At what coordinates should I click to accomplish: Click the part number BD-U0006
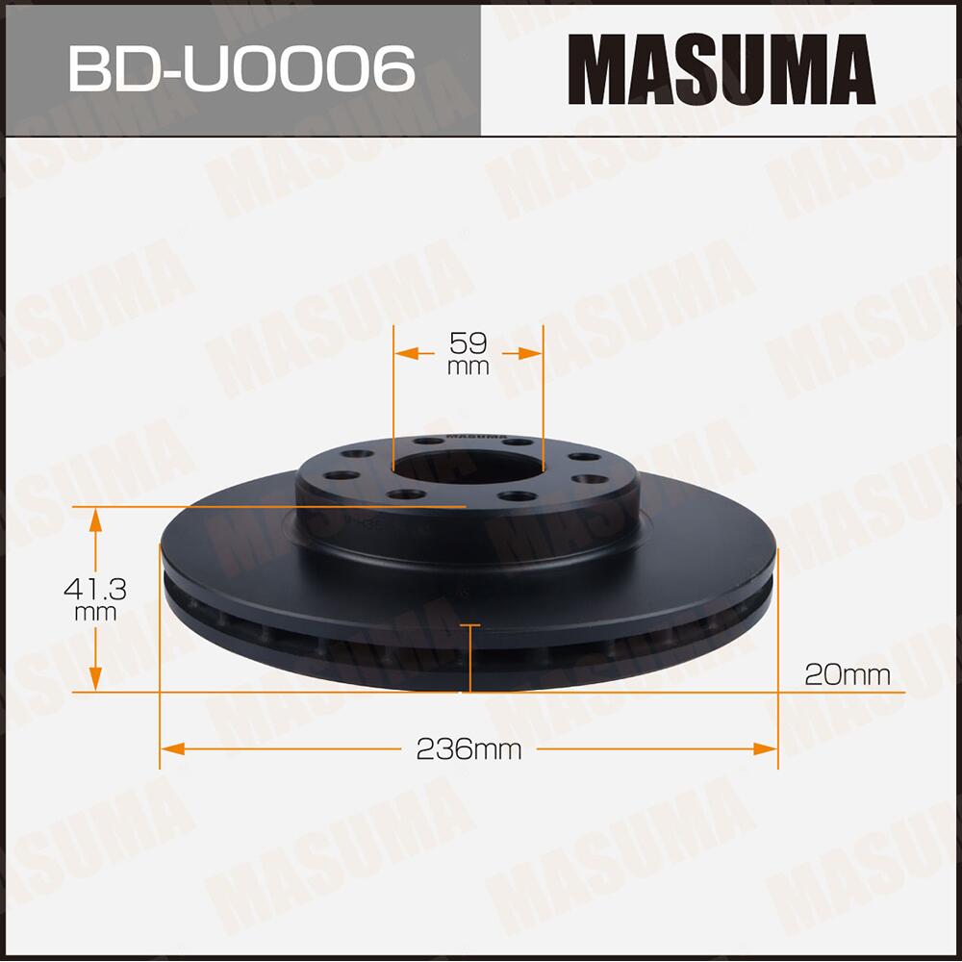(x=240, y=68)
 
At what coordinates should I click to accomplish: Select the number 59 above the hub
(x=468, y=342)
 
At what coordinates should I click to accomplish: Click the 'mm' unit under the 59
(x=468, y=367)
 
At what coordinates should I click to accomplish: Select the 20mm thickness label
(x=847, y=674)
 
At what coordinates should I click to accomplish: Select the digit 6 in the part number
(x=392, y=68)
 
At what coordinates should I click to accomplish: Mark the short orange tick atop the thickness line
(x=469, y=626)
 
